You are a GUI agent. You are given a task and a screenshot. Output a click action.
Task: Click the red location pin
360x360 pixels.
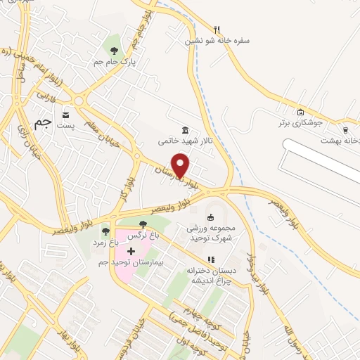181,165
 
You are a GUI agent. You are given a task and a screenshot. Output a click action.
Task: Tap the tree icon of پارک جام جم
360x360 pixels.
114,50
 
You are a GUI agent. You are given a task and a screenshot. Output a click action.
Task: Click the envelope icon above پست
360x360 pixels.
65,115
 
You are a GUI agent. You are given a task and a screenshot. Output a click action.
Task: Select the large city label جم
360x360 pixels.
44,123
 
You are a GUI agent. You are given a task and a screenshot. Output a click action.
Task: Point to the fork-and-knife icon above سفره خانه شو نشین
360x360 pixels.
217,30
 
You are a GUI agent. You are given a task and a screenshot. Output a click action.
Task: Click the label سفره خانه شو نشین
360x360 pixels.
217,41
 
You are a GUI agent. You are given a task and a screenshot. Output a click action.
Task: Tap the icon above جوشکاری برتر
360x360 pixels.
301,112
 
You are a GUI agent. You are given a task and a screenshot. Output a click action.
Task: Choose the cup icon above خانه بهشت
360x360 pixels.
345,129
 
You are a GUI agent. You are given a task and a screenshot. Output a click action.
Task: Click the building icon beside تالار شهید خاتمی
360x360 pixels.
185,131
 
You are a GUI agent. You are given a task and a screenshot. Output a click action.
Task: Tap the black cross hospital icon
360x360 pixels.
131,251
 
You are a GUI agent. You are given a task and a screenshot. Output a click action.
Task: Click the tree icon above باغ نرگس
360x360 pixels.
143,224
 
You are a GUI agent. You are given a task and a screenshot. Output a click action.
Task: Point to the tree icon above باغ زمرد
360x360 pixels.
106,231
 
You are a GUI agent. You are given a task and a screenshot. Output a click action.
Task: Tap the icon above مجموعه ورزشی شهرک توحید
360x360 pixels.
210,217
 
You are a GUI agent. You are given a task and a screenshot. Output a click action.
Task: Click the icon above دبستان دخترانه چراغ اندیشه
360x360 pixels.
211,259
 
